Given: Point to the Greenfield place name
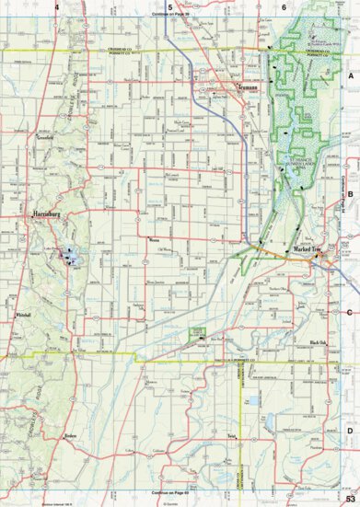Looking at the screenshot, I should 49,136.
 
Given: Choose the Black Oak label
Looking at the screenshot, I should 318,342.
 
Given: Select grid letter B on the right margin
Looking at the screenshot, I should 350,193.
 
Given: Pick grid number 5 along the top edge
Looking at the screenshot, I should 170,6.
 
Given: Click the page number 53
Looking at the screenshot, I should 350,499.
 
